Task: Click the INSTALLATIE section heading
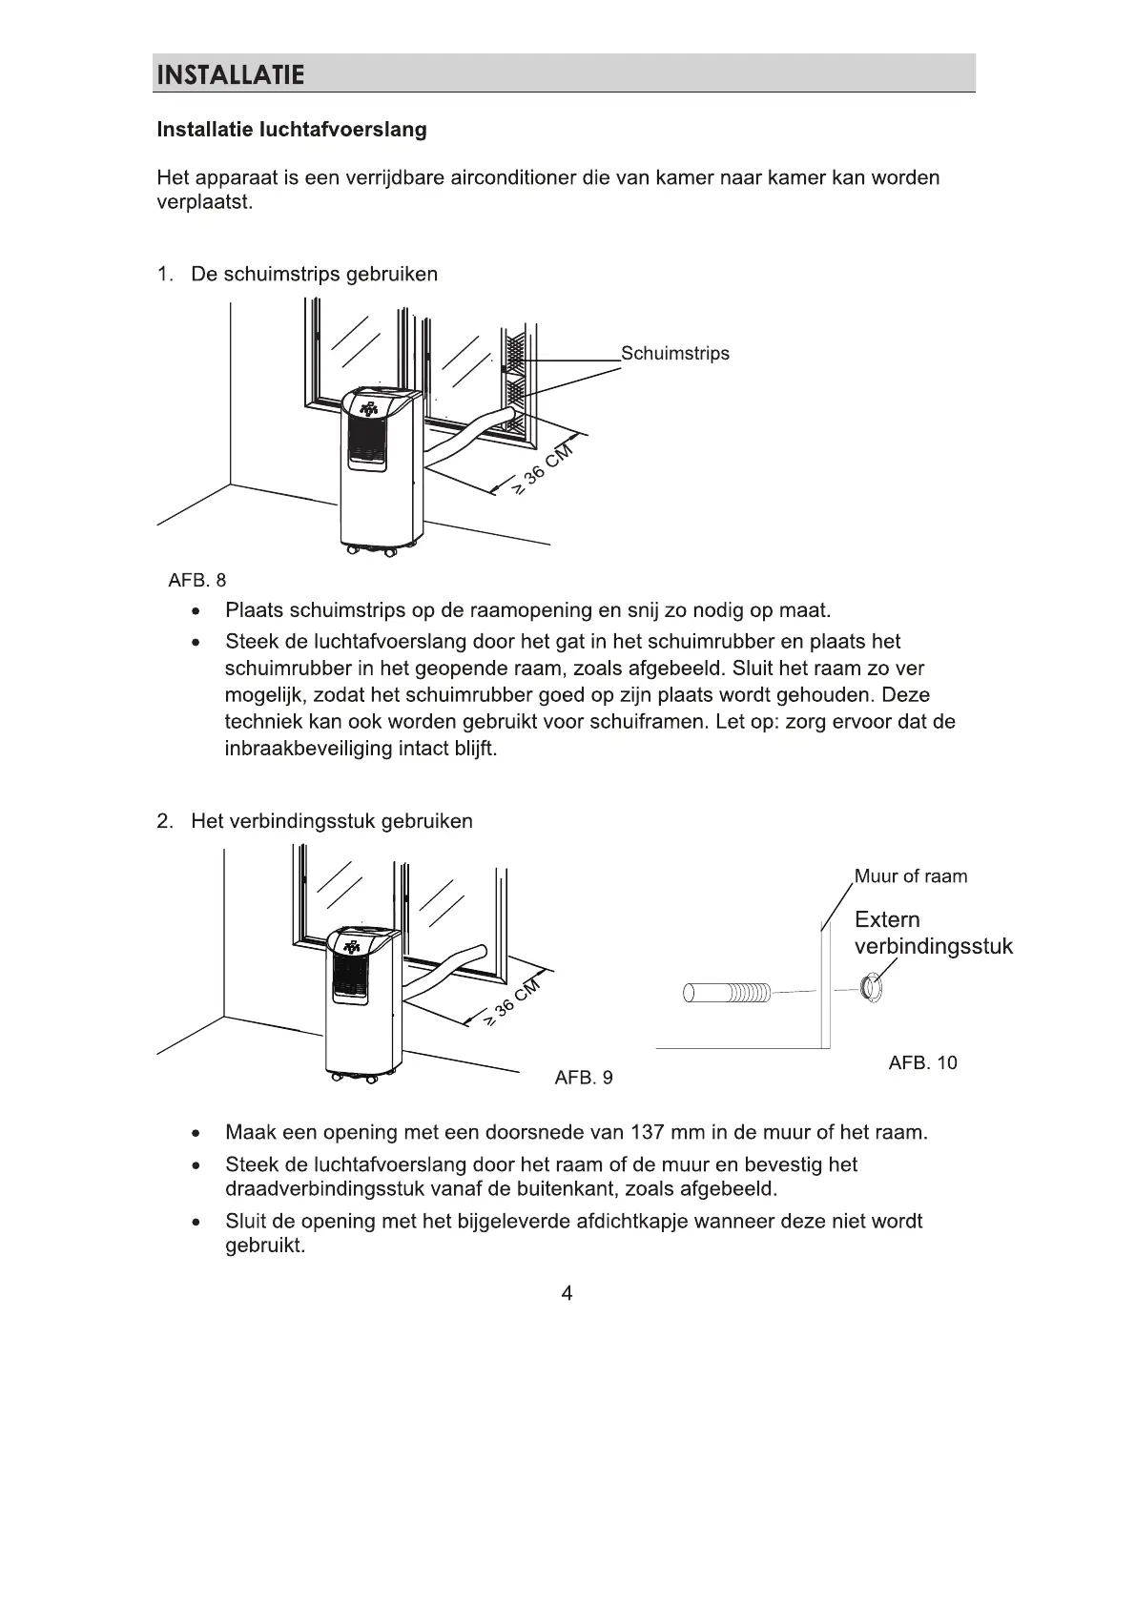pos(230,74)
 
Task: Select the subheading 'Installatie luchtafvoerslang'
pos(291,130)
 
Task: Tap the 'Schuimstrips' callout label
pos(674,354)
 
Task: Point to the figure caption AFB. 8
pos(197,580)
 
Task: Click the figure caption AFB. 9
pos(584,1078)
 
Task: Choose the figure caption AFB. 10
pos(922,1062)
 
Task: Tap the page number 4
pos(567,1294)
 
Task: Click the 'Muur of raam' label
pos(910,876)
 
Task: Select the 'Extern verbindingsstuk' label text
pos(932,933)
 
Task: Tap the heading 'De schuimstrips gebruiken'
pos(314,275)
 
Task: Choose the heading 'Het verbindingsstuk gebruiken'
pos(331,821)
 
